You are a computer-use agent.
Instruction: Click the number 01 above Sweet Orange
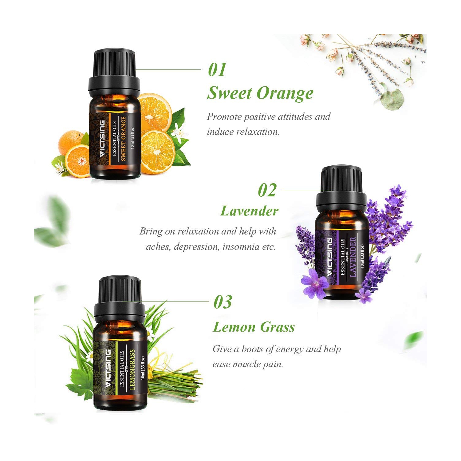click(217, 70)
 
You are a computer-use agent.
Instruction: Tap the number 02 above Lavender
click(267, 191)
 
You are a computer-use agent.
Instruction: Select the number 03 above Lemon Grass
click(223, 302)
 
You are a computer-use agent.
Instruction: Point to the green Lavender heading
click(249, 211)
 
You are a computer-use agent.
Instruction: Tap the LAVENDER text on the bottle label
click(353, 257)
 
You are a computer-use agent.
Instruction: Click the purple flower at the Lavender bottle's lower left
click(315, 284)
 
